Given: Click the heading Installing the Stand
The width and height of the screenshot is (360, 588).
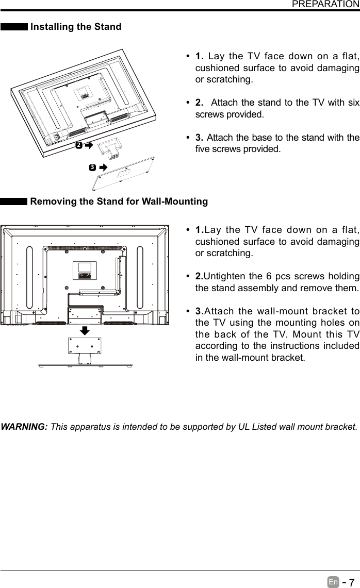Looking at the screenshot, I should (x=76, y=27).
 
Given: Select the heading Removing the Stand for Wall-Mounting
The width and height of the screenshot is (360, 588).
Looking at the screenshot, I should (x=119, y=201).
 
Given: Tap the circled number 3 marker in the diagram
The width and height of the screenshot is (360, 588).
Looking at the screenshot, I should (x=91, y=167).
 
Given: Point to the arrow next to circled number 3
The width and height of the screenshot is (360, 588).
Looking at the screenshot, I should (x=102, y=167).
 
